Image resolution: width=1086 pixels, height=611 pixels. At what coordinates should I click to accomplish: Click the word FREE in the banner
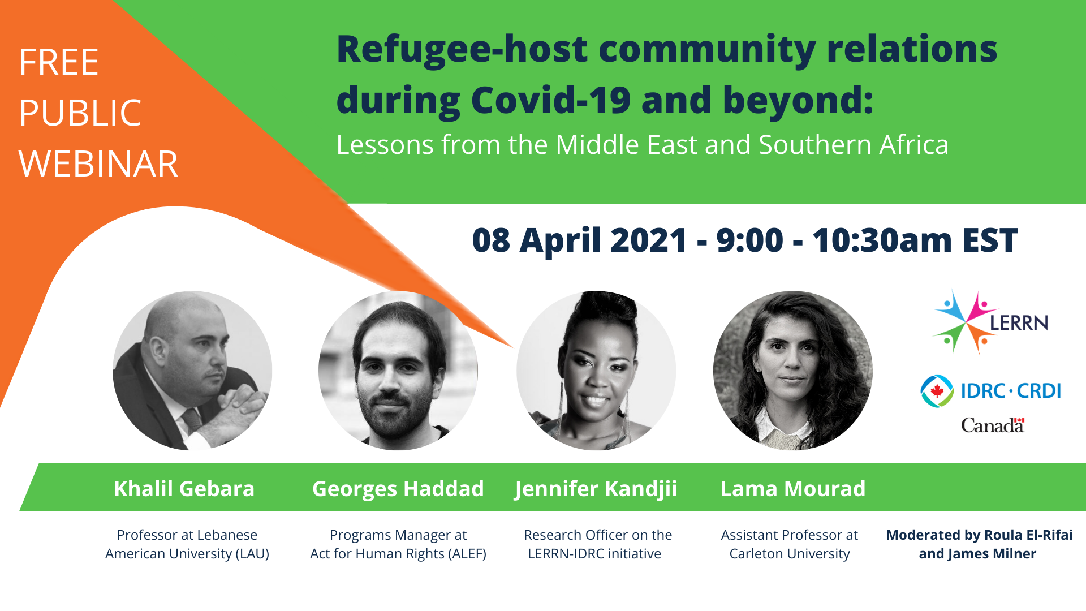59,62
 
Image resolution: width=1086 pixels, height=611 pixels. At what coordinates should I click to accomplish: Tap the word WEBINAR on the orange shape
98,164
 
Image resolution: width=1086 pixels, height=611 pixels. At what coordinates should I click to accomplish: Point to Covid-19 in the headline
551,100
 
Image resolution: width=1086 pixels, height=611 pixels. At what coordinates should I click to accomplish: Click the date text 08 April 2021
580,240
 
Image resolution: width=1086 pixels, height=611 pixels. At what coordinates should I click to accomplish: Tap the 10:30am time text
882,240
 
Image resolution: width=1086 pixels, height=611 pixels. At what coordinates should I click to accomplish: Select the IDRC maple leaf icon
937,391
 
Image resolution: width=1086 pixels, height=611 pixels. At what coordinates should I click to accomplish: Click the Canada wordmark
993,425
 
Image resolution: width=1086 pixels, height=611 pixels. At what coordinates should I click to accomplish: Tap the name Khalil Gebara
184,489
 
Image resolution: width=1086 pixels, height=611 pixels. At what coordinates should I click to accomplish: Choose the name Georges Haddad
398,489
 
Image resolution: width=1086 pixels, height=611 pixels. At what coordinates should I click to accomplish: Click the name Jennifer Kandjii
596,489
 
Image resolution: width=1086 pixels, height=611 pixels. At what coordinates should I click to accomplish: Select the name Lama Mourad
793,489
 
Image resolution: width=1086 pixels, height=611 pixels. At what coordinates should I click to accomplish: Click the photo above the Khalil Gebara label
192,371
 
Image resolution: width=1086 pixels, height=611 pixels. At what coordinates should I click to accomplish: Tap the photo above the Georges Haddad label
398,371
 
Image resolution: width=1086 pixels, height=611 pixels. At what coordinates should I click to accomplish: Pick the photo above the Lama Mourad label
793,371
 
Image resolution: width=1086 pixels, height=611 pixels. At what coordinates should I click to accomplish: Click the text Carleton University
790,554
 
